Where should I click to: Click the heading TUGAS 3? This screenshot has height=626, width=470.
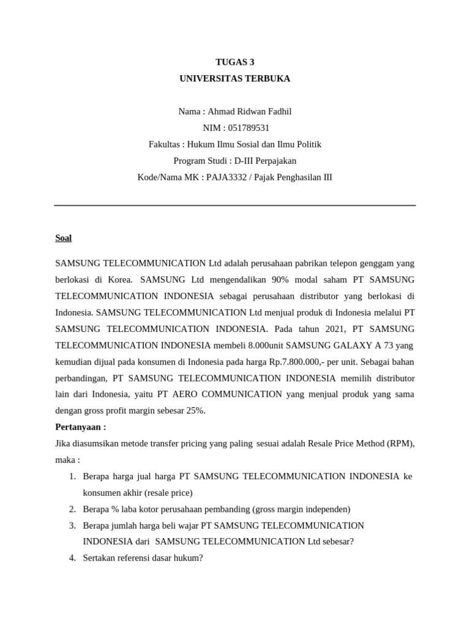pyautogui.click(x=234, y=62)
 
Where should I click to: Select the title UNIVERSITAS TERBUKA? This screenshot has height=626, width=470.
pyautogui.click(x=234, y=79)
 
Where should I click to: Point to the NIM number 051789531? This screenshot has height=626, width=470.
pyautogui.click(x=248, y=128)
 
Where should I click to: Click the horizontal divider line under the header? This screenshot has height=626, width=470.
pyautogui.click(x=234, y=205)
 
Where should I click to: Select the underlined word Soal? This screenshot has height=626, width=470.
pyautogui.click(x=64, y=238)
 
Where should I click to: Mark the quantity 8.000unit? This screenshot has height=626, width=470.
pyautogui.click(x=251, y=345)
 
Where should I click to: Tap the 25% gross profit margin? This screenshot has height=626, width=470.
pyautogui.click(x=195, y=411)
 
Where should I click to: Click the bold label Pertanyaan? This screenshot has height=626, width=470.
pyautogui.click(x=80, y=427)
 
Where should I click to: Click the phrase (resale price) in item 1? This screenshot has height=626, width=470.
pyautogui.click(x=168, y=493)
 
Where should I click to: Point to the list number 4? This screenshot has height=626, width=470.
pyautogui.click(x=72, y=558)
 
